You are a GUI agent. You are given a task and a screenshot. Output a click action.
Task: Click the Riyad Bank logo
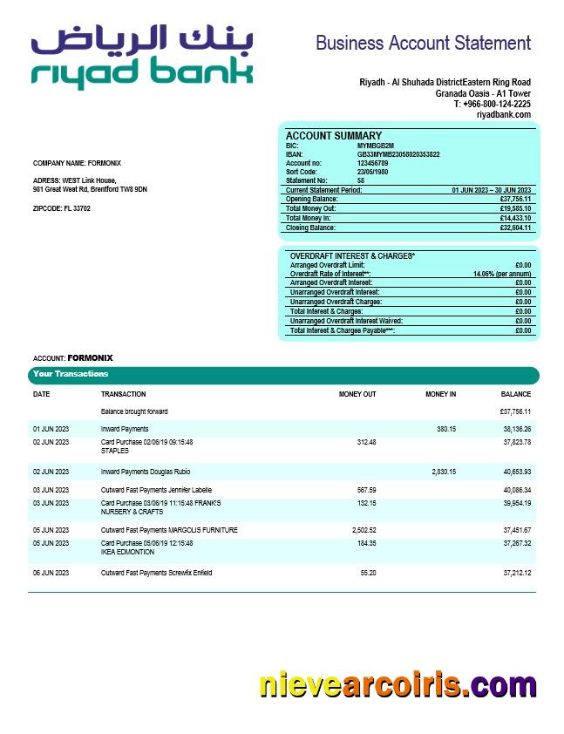click(x=141, y=57)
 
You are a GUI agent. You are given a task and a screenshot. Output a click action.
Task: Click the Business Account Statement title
click(x=423, y=43)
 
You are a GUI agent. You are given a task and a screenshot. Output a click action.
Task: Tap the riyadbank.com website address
click(x=503, y=114)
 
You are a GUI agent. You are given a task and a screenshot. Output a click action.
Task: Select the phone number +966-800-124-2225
click(x=492, y=104)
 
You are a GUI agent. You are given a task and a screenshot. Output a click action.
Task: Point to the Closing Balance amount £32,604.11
click(x=515, y=228)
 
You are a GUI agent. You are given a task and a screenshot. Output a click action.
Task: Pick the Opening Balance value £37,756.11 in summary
click(x=515, y=199)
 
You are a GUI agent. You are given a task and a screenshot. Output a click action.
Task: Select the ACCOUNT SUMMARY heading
click(x=334, y=136)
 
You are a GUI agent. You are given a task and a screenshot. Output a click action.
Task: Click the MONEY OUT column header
click(x=357, y=394)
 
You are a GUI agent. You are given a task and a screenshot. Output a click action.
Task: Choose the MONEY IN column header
click(x=440, y=394)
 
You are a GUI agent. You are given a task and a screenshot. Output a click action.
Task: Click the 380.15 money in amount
click(x=445, y=429)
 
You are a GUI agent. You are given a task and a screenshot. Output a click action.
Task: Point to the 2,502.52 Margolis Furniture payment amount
click(x=360, y=530)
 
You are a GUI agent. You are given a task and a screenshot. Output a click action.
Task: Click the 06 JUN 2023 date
click(x=51, y=573)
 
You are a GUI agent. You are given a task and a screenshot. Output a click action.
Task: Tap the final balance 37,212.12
click(x=517, y=573)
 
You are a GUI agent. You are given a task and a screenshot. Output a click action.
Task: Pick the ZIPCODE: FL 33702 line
click(x=62, y=208)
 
